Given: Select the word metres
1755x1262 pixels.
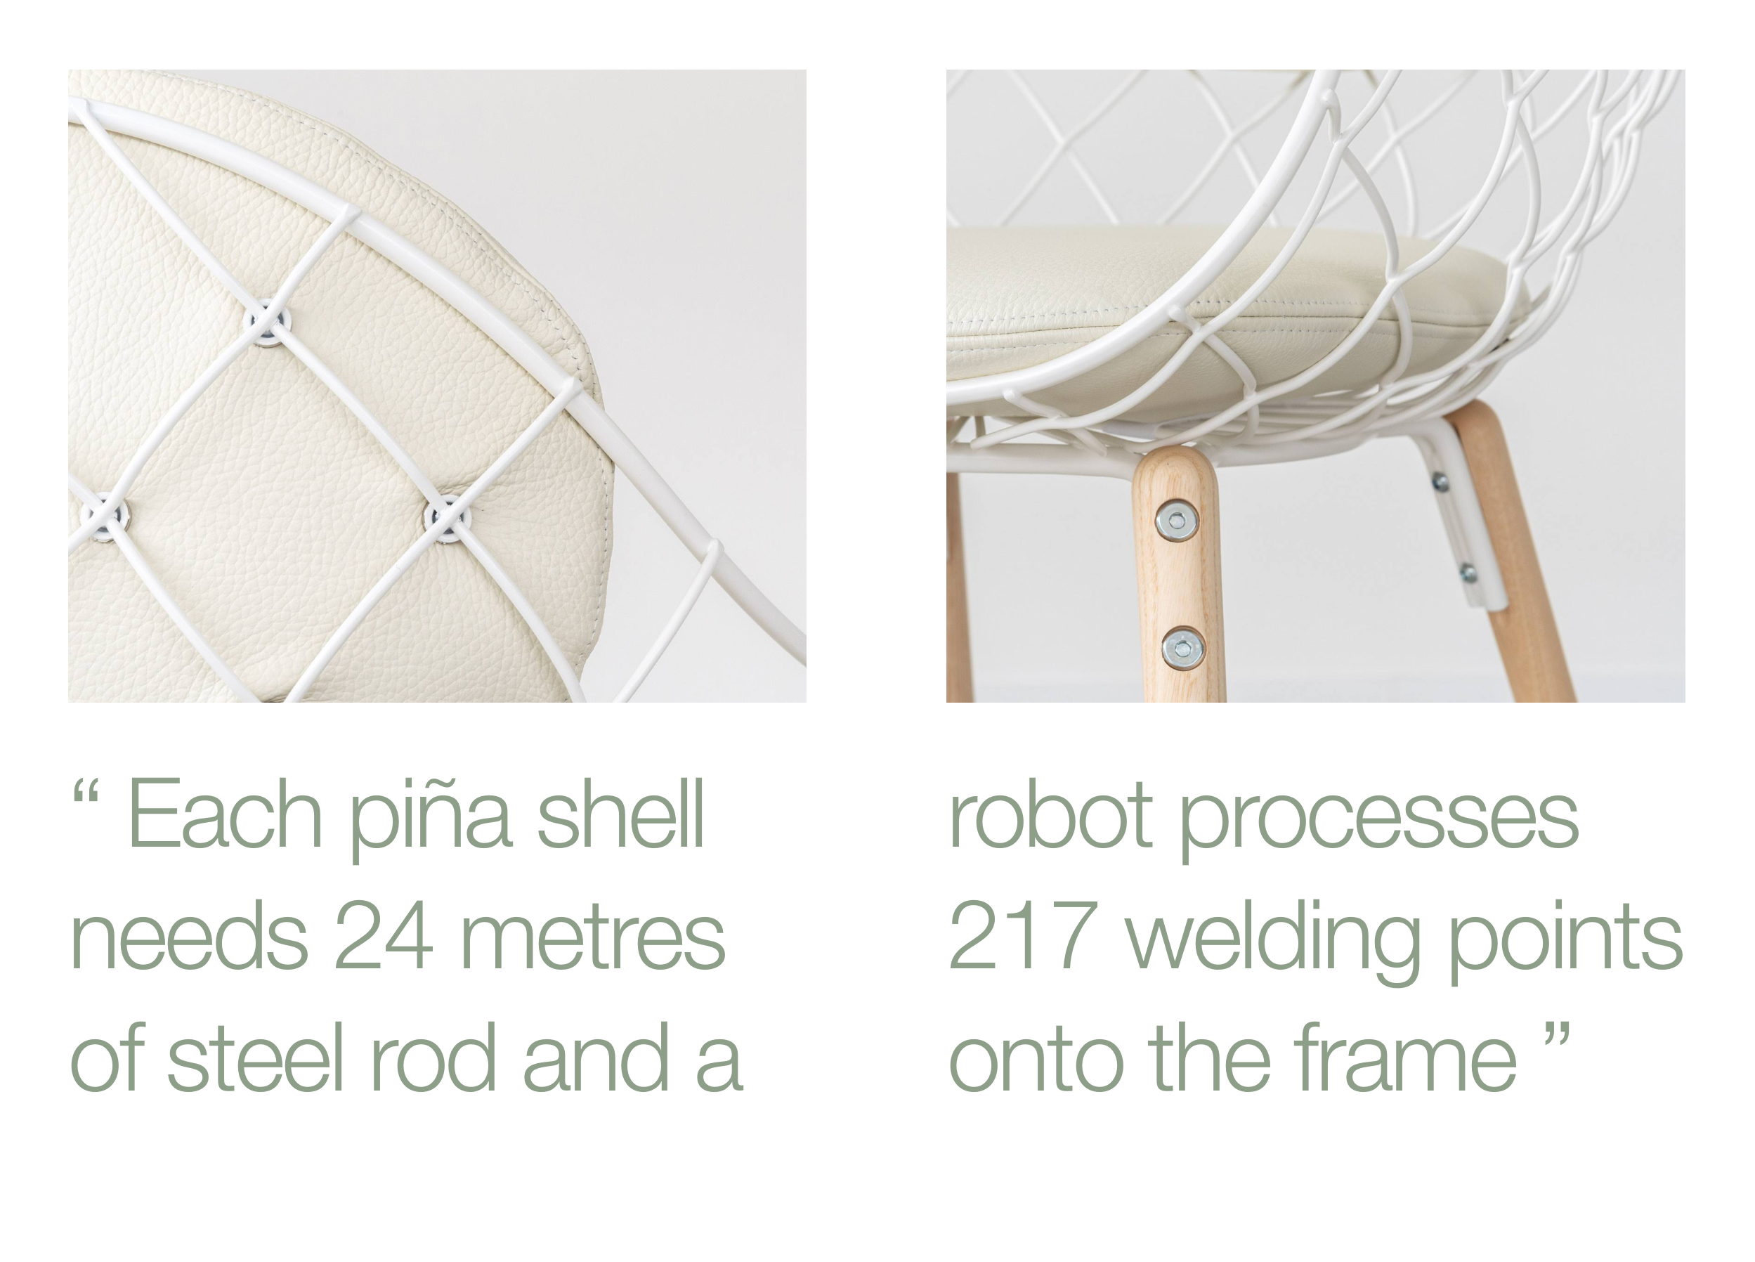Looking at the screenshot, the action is (x=593, y=937).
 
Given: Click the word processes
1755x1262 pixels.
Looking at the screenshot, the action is (x=1379, y=821).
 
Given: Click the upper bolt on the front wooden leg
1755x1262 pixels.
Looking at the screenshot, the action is (x=1177, y=521).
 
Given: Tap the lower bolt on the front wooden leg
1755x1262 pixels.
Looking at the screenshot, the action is (x=1183, y=649).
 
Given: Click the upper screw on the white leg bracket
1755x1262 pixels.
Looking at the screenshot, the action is (x=1440, y=482).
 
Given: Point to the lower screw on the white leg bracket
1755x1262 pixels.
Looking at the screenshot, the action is (x=1467, y=573).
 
